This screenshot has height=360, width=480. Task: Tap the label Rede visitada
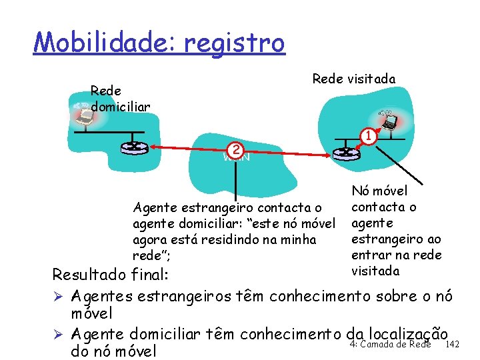[353, 79]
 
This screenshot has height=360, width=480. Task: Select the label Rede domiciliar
[120, 99]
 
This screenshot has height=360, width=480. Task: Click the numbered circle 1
[365, 137]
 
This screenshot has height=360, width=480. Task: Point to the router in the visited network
[345, 153]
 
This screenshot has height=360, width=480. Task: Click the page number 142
[452, 344]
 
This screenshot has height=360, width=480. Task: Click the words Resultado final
[111, 275]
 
